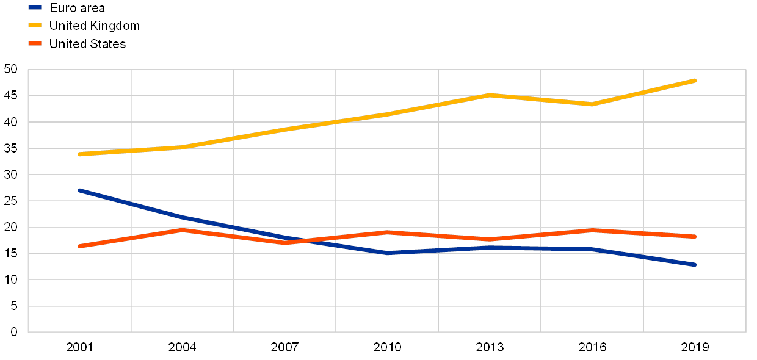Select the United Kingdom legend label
95,26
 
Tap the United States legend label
88,44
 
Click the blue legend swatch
35,8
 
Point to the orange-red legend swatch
35,44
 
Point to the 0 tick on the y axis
14,332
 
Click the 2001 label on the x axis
79,347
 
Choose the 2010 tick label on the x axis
388,347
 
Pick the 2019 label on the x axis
695,347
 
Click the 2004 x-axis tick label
182,347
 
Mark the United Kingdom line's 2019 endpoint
695,81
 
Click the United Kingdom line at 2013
490,95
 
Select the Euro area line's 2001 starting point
79,190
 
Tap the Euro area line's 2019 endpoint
695,265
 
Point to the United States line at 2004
182,230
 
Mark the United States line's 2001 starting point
79,246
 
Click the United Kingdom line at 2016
592,104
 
